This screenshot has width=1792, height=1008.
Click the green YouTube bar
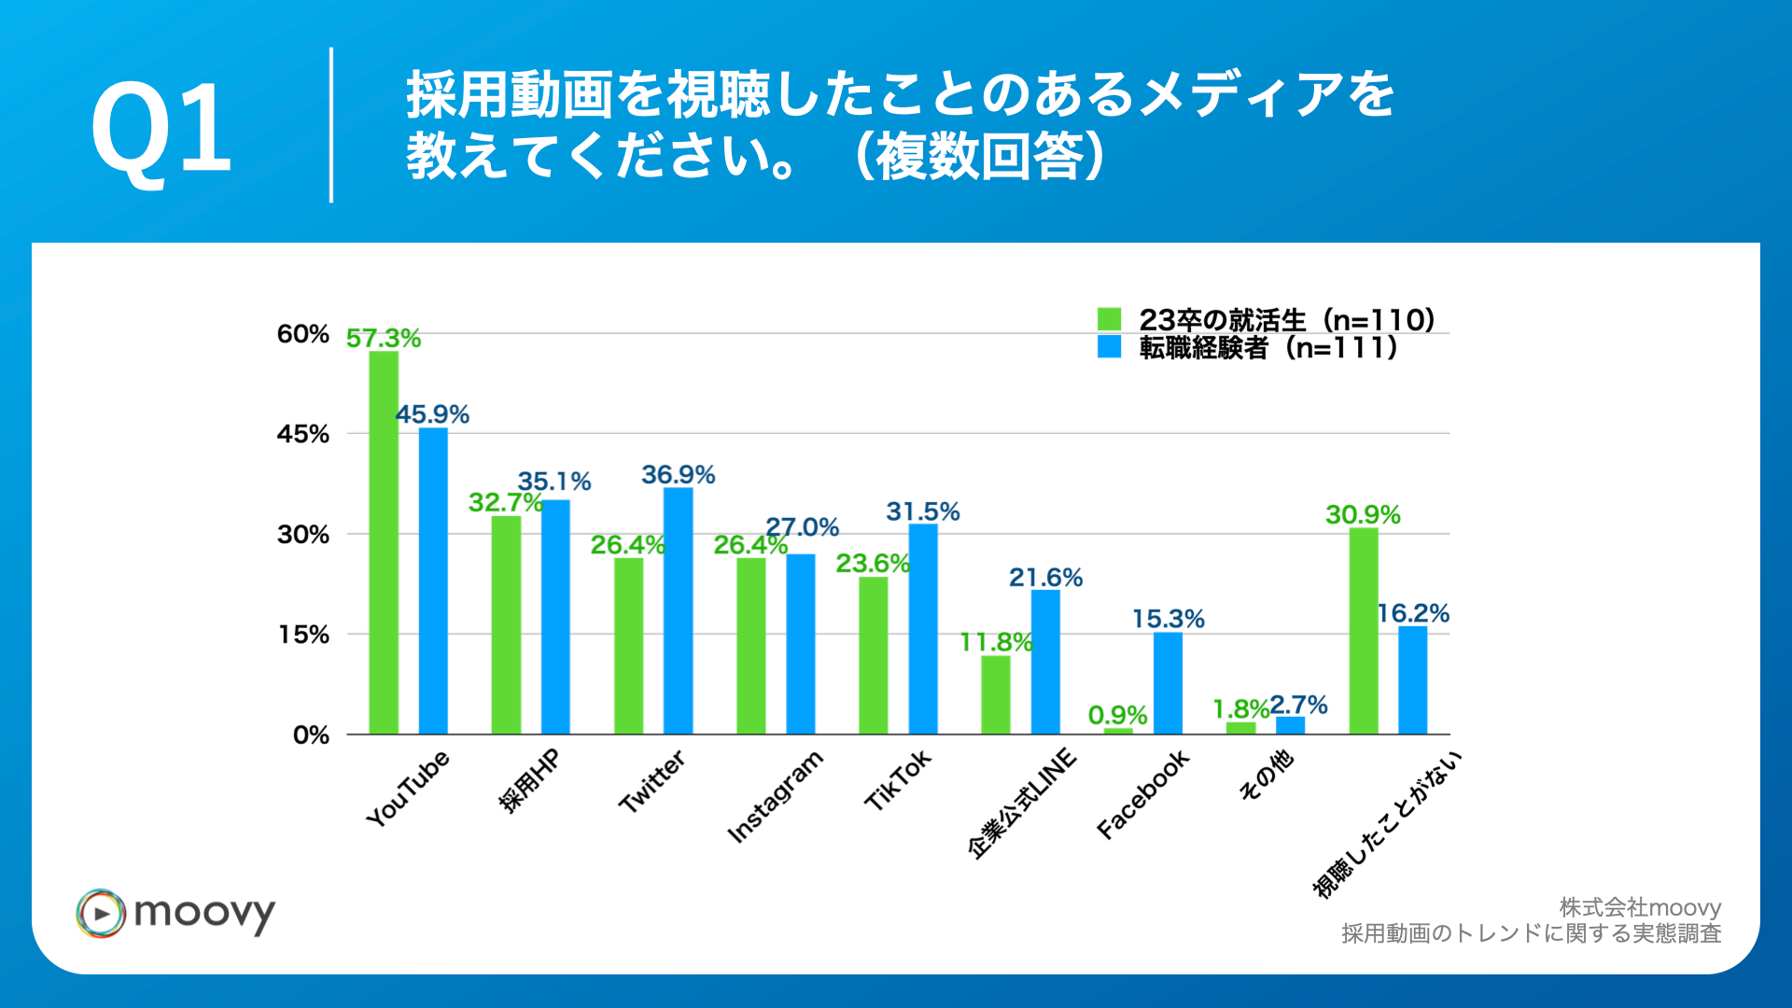pos(384,541)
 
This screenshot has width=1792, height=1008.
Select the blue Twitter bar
pos(679,610)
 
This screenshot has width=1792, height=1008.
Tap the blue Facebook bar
pos(1168,683)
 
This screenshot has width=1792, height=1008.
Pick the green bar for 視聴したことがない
pos(1364,631)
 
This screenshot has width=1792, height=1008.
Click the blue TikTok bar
pos(923,629)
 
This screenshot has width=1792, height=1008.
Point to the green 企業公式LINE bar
pos(996,694)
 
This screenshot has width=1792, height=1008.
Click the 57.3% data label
pos(384,338)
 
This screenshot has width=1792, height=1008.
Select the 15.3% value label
pos(1169,619)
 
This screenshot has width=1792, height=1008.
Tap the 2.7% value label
pos(1298,705)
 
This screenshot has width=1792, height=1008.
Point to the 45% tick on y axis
pos(302,434)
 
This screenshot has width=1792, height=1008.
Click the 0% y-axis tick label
pos(311,735)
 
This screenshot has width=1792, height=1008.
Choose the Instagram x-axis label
pos(776,796)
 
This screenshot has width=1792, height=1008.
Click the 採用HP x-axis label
pos(529,780)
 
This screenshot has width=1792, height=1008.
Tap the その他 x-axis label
pos(1266,775)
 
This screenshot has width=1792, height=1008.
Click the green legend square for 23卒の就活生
pos(1109,319)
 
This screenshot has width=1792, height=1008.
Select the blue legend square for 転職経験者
pos(1109,347)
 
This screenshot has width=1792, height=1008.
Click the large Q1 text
pos(161,128)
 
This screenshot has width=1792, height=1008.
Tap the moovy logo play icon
pos(101,913)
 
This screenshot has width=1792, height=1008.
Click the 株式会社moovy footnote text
pos(1640,907)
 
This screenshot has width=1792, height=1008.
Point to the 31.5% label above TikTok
pos(923,511)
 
